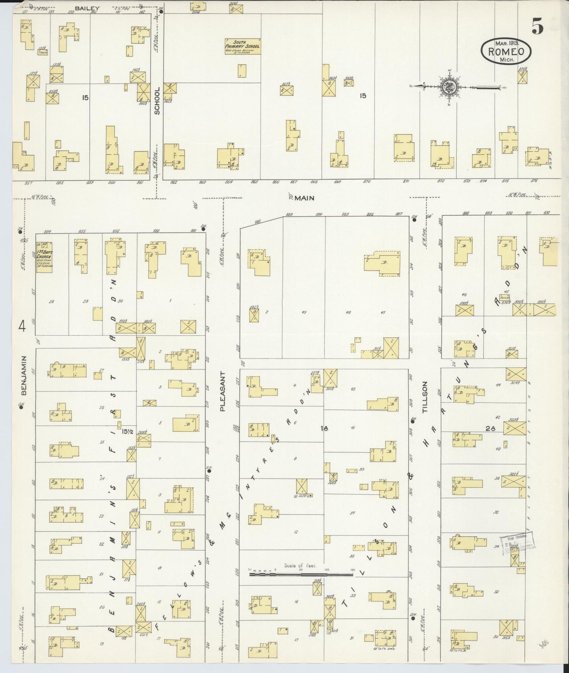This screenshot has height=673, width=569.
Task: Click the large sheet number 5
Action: click(537, 26)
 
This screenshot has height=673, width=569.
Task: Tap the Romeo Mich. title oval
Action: click(506, 52)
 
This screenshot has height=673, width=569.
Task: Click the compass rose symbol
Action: click(448, 87)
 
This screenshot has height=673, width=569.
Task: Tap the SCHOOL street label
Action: click(157, 101)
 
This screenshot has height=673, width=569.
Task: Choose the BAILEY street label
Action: click(87, 8)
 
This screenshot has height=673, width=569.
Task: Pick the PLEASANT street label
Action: click(222, 391)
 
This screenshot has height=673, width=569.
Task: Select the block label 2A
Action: click(490, 429)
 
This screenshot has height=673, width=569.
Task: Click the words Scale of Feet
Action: click(300, 566)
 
